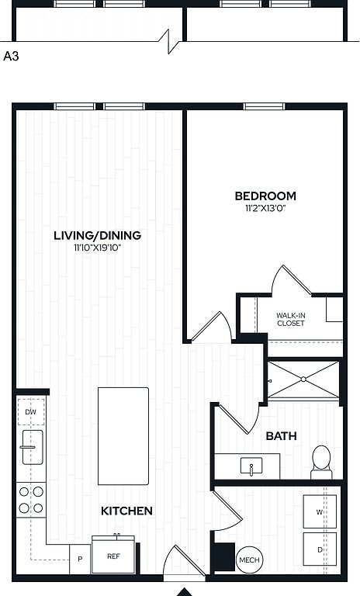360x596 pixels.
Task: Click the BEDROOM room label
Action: pyautogui.click(x=265, y=196)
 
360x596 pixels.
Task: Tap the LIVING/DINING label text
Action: pyautogui.click(x=97, y=235)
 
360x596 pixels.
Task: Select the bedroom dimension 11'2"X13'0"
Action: pyautogui.click(x=265, y=208)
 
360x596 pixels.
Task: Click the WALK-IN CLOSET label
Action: pyautogui.click(x=290, y=319)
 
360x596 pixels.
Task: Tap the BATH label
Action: pyautogui.click(x=281, y=436)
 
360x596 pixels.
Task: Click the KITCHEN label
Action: pyautogui.click(x=126, y=511)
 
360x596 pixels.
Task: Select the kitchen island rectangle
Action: pyautogui.click(x=123, y=436)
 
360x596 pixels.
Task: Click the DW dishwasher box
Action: pyautogui.click(x=31, y=411)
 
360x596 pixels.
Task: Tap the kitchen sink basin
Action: pyautogui.click(x=33, y=447)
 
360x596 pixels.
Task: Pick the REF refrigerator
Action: pyautogui.click(x=113, y=555)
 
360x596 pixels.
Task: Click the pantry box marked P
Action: pyautogui.click(x=80, y=559)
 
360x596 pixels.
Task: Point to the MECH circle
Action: pyautogui.click(x=249, y=560)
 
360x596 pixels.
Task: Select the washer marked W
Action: pyautogui.click(x=320, y=511)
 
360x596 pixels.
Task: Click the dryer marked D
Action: pyautogui.click(x=320, y=549)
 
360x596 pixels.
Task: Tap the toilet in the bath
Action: pyautogui.click(x=322, y=462)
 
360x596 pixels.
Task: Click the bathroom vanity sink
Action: pyautogui.click(x=251, y=466)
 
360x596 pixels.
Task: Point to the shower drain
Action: pyautogui.click(x=303, y=379)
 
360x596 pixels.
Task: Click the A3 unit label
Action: pyautogui.click(x=11, y=56)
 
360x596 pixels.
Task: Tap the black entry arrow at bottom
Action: pyautogui.click(x=185, y=592)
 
